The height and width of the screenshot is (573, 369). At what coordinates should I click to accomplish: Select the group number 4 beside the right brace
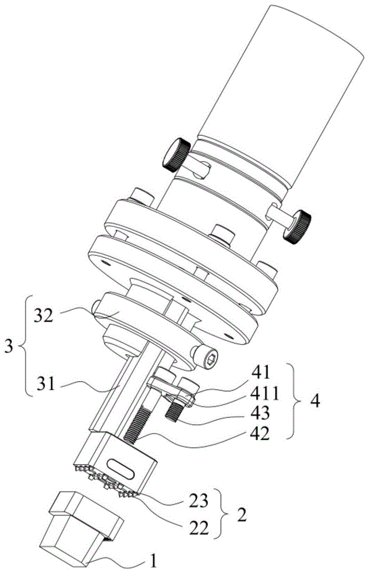[315, 400]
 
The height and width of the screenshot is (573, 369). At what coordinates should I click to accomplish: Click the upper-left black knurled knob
[174, 155]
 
